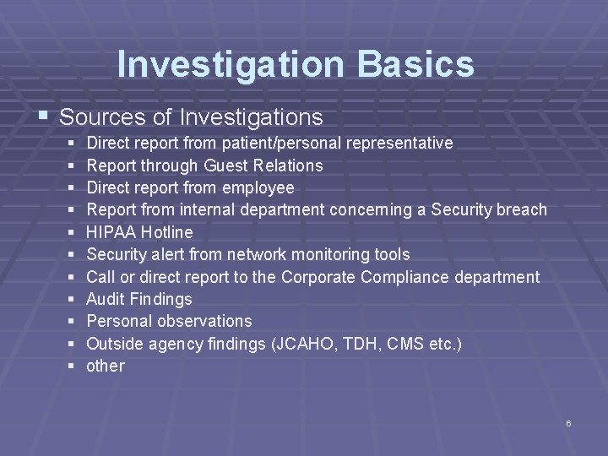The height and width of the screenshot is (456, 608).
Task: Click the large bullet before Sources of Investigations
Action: pyautogui.click(x=45, y=116)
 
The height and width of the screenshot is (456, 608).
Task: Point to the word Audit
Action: pyautogui.click(x=106, y=299)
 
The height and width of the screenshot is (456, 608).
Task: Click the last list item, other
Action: pyautogui.click(x=106, y=366)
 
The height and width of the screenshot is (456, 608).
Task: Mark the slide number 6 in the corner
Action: pyautogui.click(x=568, y=423)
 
